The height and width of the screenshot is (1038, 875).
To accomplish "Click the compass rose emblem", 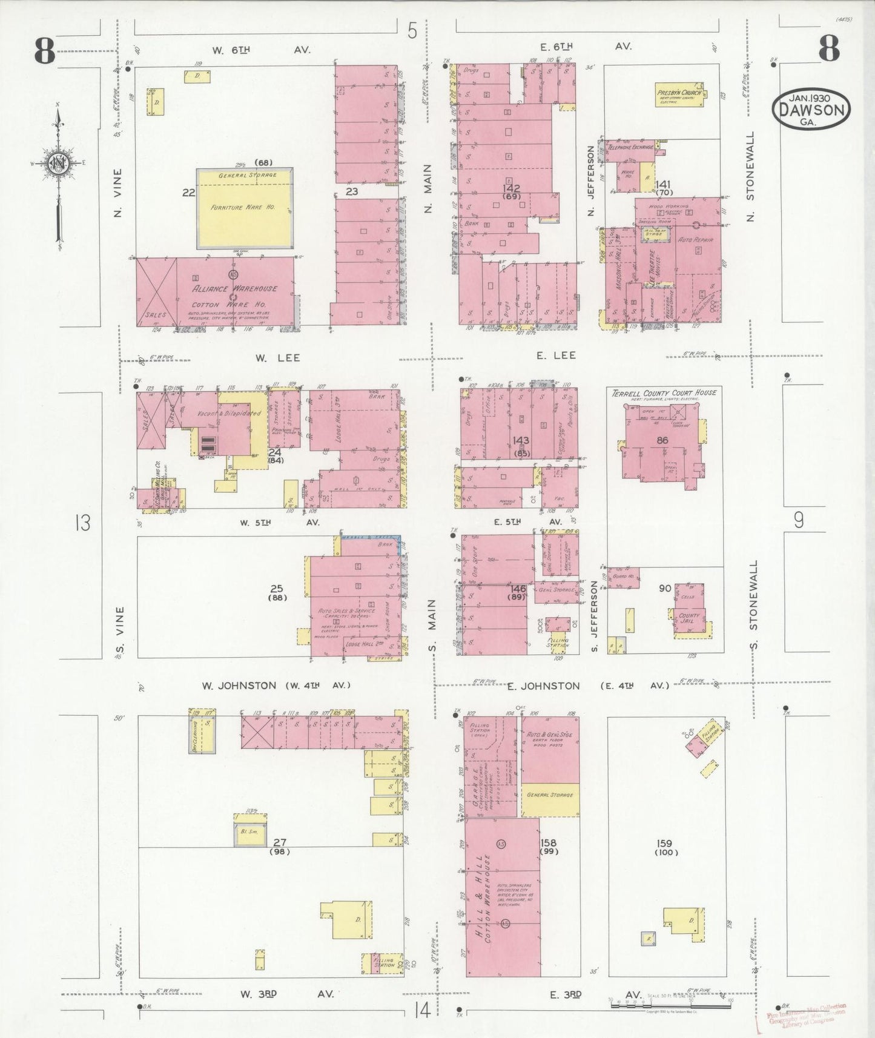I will [x=59, y=164].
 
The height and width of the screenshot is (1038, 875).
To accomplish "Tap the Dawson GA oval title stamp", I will [x=811, y=110].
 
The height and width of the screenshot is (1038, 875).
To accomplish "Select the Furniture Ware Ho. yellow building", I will [x=244, y=208].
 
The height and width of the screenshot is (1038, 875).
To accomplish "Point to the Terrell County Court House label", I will [x=664, y=392].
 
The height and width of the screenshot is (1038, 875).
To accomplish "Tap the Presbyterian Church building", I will [x=679, y=96].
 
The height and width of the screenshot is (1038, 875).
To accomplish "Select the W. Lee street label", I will [x=269, y=358].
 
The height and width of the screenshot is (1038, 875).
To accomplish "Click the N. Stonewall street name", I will [x=751, y=176].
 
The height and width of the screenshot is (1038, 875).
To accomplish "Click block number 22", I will [x=189, y=193].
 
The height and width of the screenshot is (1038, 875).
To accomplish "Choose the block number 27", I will [x=279, y=842].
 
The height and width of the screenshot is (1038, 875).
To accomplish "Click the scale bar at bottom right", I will [x=666, y=999].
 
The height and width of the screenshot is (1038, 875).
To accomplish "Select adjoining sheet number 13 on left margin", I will [x=82, y=521].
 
